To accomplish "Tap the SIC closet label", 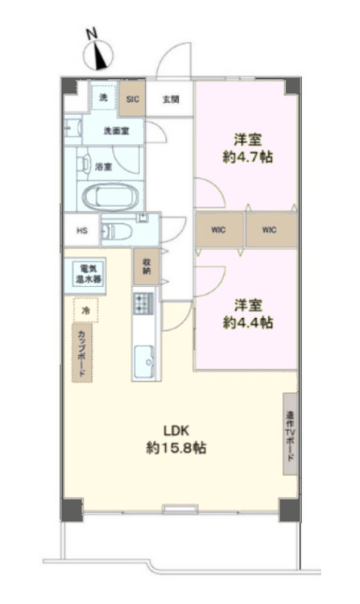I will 132,99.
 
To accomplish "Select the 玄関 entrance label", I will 170,100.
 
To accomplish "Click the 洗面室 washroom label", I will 112,130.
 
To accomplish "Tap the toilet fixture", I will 118,231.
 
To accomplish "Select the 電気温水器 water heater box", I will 85,273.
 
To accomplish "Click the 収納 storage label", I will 147,267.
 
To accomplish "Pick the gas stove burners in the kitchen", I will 145,304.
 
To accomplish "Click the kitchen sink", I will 146,360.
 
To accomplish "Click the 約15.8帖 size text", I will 176,449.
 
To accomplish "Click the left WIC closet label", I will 220,230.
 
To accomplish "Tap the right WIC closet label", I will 269,230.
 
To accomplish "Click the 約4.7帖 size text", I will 247,156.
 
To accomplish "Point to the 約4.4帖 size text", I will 247,322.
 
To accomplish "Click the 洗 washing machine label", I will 102,97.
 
